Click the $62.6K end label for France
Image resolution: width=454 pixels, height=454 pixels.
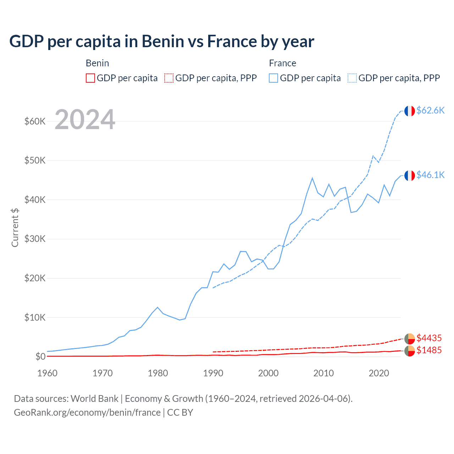click(430, 110)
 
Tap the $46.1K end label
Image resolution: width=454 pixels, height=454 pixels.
click(430, 175)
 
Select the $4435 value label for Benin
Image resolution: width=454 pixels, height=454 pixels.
click(429, 338)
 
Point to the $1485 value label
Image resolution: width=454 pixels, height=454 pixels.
click(429, 350)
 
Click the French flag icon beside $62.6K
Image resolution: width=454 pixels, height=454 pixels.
click(410, 111)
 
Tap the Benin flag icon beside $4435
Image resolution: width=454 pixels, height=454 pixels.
click(410, 339)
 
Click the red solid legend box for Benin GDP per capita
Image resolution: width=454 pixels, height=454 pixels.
click(90, 78)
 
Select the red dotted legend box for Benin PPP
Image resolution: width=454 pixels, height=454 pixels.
click(169, 78)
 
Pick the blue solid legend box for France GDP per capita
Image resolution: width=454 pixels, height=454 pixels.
click(273, 78)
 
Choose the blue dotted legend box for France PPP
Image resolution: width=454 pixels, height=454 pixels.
click(352, 78)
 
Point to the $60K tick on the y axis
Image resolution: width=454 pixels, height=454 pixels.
click(35, 121)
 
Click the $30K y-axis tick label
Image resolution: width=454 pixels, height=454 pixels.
click(35, 239)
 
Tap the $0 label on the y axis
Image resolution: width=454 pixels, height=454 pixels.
click(40, 356)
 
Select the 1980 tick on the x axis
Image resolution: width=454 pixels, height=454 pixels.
click(158, 373)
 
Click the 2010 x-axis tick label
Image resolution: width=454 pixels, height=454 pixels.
click(323, 373)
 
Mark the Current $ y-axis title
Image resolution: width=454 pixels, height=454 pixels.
click(15, 228)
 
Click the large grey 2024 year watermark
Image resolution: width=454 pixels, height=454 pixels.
click(85, 120)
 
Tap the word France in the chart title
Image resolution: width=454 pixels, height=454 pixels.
click(232, 41)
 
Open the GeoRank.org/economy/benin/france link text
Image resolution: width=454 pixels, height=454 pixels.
click(87, 413)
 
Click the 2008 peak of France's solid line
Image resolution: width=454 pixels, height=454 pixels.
click(312, 178)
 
